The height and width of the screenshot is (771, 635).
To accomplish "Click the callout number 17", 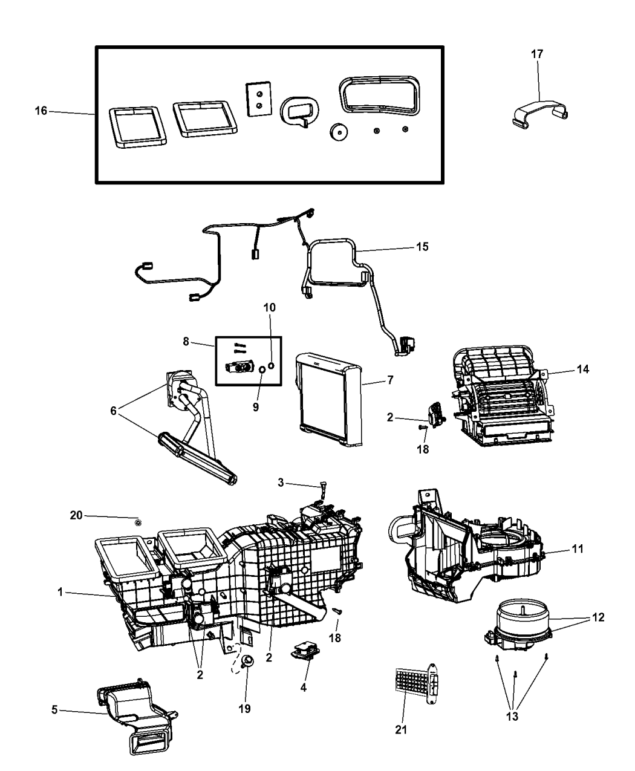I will pos(536,54).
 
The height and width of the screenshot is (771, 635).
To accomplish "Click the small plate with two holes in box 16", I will pos(256,97).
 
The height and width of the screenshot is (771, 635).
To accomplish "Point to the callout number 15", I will pos(422,247).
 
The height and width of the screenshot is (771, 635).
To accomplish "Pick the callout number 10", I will pos(269,308).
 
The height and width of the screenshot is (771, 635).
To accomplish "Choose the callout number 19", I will pos(247,707).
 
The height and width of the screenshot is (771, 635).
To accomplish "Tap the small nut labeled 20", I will pos(138,522).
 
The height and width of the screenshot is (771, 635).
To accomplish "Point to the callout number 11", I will pos(578,549).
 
